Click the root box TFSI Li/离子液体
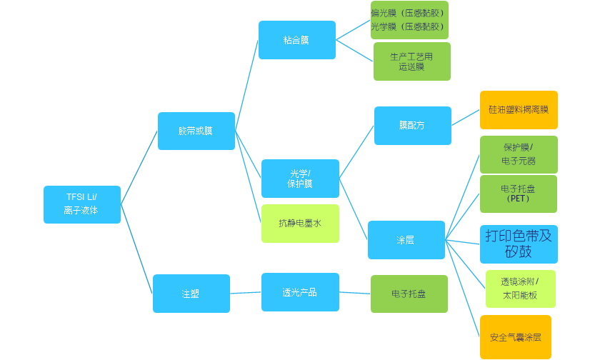82,204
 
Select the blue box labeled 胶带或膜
196,131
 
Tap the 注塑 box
191,293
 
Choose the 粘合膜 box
296,40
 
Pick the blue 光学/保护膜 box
300,179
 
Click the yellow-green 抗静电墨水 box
300,224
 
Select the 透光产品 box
300,292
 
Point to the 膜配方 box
412,126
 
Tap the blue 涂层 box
406,240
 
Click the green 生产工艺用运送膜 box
411,61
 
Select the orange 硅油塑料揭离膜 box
518,110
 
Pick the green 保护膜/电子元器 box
518,154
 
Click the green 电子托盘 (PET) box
518,194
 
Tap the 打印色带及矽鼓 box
519,244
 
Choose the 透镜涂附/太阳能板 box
520,289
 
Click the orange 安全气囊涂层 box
515,337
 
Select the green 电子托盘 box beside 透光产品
409,294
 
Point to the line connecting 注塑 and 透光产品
246,293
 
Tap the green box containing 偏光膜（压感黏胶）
409,20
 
